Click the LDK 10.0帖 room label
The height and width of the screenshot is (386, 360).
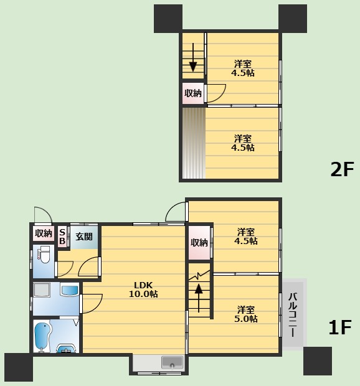coord(143,289)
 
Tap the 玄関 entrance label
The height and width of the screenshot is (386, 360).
coord(84,237)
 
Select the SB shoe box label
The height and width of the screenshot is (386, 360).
coord(62,237)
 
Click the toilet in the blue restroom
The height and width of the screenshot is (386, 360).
coord(44,254)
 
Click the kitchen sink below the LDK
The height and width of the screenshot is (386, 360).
coord(172,362)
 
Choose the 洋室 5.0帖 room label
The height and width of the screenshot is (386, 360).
coord(246,314)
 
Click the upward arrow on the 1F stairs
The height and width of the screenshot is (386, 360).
coord(199,298)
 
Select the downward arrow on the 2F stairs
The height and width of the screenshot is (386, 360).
coord(193,58)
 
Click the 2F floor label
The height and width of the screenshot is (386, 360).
coord(342,169)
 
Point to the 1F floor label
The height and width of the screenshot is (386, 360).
coord(340,327)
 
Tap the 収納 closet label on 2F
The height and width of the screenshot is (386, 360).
coord(193,93)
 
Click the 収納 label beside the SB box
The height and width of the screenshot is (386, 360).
coord(44,233)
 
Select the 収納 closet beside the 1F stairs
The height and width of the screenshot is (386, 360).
coord(199,242)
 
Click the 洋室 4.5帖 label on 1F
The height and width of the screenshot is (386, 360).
coord(246,236)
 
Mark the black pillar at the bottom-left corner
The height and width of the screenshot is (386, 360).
coord(19,367)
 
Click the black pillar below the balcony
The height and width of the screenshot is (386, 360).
coord(318,361)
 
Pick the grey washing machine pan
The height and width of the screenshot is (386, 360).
coord(42,290)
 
